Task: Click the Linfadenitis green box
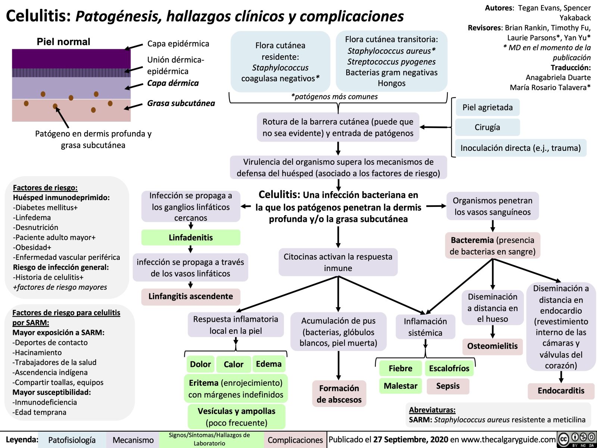coord(191,238)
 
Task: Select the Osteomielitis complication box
coord(492,346)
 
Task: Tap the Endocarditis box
coord(561,391)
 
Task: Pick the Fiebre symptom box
coord(400,368)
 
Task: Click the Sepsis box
coord(448,386)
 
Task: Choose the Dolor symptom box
coord(200,364)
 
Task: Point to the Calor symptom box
coord(233,364)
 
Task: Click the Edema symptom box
coord(269,364)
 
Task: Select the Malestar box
coord(400,386)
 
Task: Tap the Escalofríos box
coord(449,368)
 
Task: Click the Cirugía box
coord(487,127)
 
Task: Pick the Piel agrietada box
coord(487,108)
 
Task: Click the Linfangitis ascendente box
coord(191,296)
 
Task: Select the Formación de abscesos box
coord(339,394)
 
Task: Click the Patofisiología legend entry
coord(72,440)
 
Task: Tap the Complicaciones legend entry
coord(295,440)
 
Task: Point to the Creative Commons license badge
coord(576,439)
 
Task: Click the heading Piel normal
coord(63,42)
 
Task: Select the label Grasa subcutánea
coord(181,103)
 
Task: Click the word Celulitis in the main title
coord(38,16)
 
